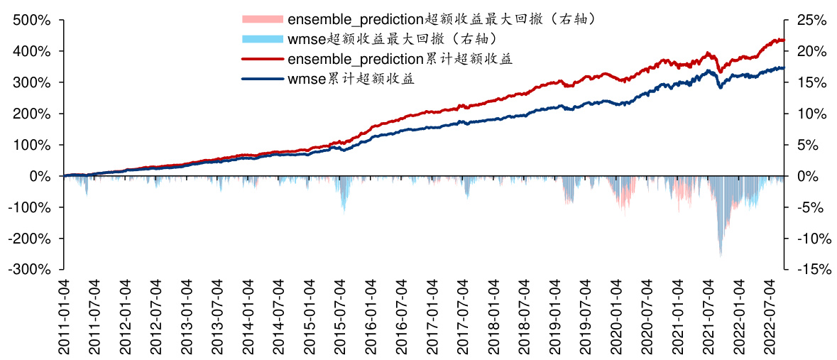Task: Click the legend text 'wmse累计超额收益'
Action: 351,79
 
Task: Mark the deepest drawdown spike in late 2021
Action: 721,254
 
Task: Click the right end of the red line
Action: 783,40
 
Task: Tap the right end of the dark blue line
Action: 783,68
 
